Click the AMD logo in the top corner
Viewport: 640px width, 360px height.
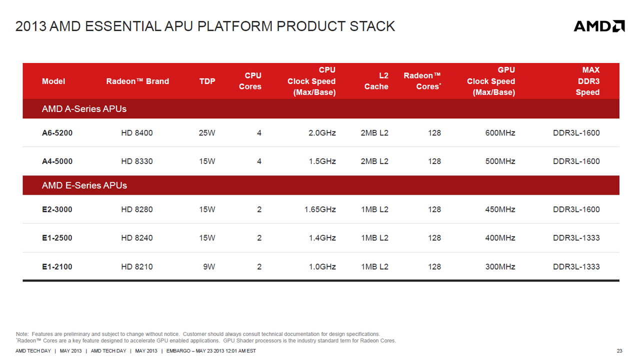coord(599,26)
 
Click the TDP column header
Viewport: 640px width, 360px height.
coord(207,81)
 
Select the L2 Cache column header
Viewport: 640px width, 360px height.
coord(376,81)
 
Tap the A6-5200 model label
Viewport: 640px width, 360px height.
coord(57,133)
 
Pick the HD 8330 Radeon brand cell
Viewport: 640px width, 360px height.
coord(137,161)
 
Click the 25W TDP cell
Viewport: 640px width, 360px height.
coord(207,133)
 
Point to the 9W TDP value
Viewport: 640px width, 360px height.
coord(209,267)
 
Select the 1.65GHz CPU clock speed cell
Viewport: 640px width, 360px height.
coord(320,209)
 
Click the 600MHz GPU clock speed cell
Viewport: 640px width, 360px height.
coord(500,133)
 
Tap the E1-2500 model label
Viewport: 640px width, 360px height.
coord(57,238)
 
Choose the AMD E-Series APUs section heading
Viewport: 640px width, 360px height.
coord(84,185)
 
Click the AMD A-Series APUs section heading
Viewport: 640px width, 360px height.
coord(84,109)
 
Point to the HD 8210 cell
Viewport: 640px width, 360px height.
coord(137,267)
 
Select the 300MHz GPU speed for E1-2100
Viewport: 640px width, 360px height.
coord(500,267)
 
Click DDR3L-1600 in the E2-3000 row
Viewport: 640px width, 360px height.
coord(576,209)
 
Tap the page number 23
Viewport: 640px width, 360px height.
coord(619,351)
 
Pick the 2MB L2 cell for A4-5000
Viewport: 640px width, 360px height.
coord(374,161)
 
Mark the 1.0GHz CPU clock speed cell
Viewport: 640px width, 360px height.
coord(322,267)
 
